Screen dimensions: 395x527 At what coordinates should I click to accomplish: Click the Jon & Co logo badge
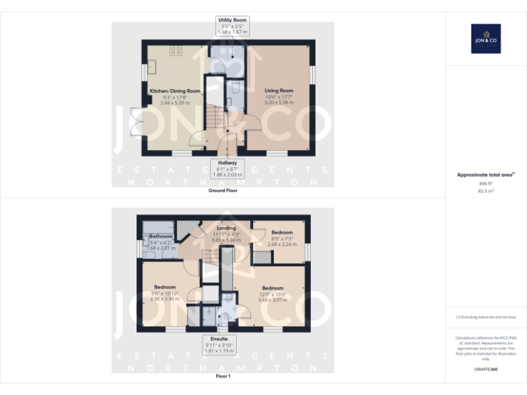(x=485, y=38)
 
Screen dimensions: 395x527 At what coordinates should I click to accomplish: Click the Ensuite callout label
(x=219, y=344)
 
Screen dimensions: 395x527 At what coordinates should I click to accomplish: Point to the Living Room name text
(x=279, y=91)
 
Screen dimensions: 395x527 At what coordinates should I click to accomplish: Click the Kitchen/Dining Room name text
(x=175, y=91)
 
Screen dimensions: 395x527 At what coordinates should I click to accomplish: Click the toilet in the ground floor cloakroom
(x=234, y=87)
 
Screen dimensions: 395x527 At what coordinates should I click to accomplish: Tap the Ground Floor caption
(x=223, y=190)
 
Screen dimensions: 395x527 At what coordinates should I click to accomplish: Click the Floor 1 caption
(x=223, y=376)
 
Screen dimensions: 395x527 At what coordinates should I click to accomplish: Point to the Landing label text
(x=226, y=228)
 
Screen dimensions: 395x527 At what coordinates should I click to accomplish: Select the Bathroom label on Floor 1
(x=161, y=237)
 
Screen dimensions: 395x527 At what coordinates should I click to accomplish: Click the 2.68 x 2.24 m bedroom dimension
(x=281, y=243)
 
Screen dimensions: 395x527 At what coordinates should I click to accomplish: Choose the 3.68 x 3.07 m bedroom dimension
(x=272, y=299)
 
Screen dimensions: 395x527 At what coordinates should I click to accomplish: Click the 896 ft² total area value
(x=485, y=184)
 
